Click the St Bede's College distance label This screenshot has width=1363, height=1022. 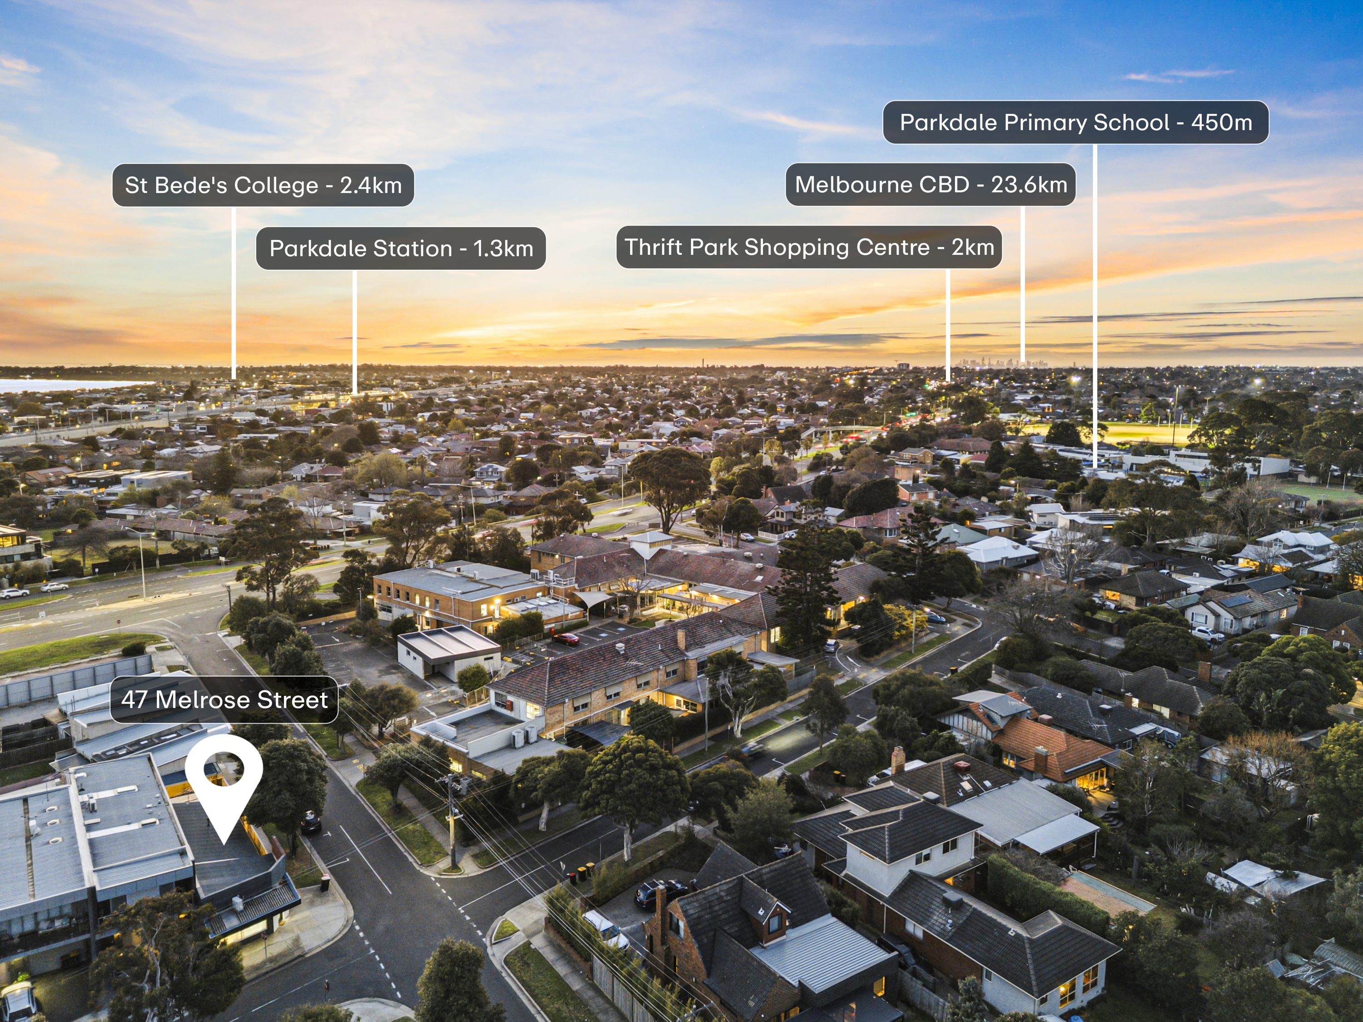coord(263,185)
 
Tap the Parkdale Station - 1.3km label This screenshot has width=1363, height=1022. coord(401,248)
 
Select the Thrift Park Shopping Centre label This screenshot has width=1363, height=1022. coord(809,247)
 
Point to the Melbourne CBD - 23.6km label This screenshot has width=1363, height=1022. coord(930,184)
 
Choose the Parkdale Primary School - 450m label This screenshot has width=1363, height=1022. coord(1076,122)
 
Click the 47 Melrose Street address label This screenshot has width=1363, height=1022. coord(224,700)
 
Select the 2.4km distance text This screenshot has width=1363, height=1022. coord(371,185)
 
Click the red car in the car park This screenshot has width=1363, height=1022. coord(565,639)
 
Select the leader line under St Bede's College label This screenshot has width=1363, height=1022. coord(234,293)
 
